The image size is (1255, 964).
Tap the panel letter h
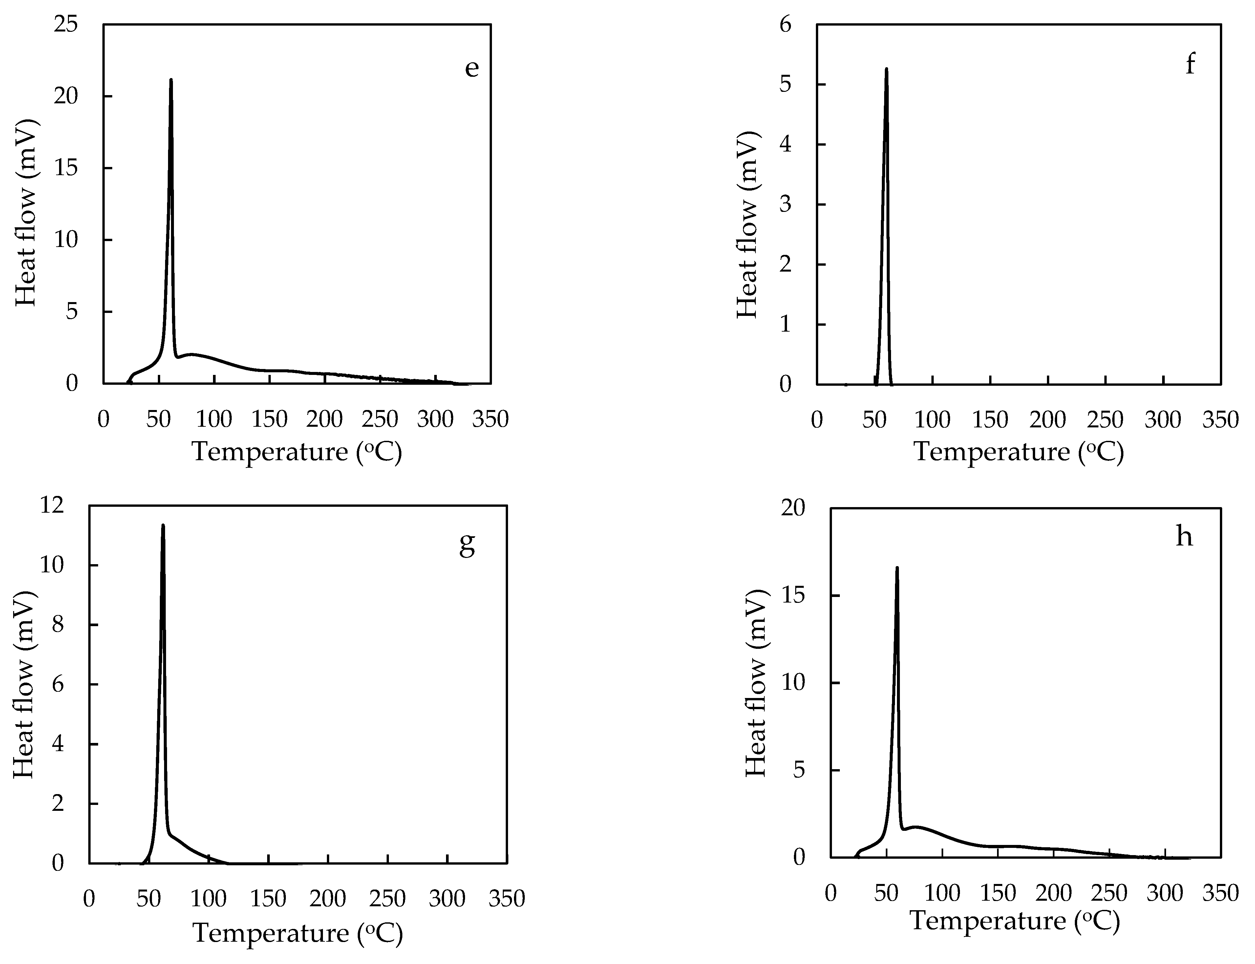click(x=1184, y=537)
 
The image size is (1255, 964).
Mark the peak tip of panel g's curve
click(x=163, y=525)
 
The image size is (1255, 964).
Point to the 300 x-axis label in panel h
click(x=1165, y=893)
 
